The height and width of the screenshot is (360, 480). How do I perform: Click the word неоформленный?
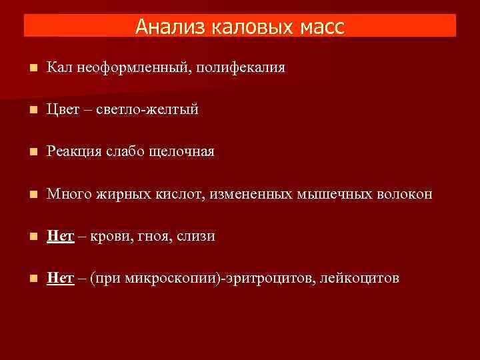click(x=129, y=67)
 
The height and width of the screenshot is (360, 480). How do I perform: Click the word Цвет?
click(x=63, y=109)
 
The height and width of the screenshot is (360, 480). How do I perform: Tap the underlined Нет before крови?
click(x=60, y=236)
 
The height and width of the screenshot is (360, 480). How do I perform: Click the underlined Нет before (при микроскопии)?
click(x=60, y=278)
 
